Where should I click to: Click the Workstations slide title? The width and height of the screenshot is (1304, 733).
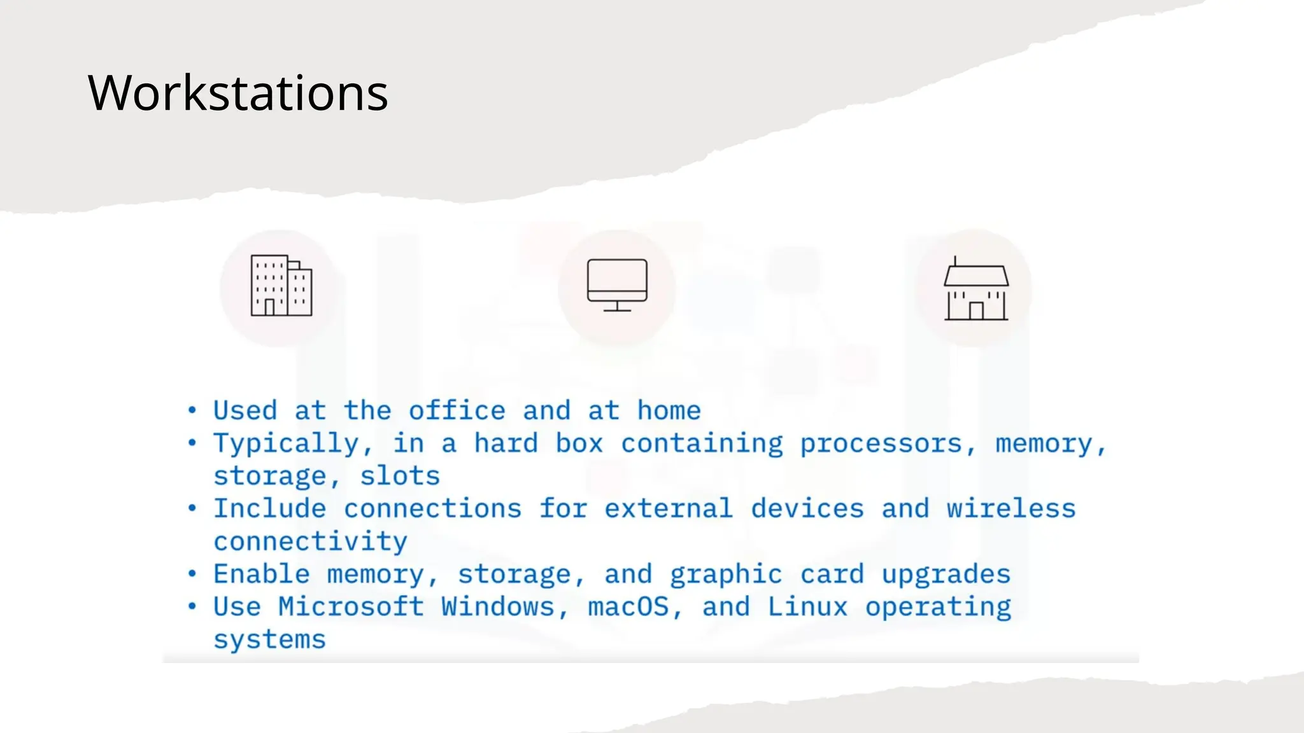(x=237, y=93)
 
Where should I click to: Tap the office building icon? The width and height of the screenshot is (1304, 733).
(x=281, y=286)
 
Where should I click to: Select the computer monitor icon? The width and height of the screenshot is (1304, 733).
(x=617, y=285)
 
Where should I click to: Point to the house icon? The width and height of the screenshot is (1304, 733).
(x=975, y=290)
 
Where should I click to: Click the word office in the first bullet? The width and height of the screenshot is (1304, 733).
(x=457, y=410)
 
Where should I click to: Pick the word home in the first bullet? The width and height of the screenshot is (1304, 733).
(x=669, y=410)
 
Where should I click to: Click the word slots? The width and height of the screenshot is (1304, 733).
(x=400, y=476)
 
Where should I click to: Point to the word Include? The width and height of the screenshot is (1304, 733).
(x=269, y=508)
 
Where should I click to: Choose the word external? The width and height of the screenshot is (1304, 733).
(x=669, y=508)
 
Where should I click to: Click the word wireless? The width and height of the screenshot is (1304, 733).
(x=1010, y=508)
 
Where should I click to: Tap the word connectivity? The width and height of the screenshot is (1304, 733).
(x=310, y=541)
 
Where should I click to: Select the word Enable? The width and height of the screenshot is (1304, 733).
(x=261, y=574)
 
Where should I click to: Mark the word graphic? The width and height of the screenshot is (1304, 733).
(x=725, y=575)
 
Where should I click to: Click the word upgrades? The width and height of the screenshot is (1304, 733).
(x=946, y=575)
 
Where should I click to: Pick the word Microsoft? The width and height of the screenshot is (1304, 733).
(x=351, y=606)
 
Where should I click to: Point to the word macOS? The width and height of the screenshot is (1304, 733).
(x=628, y=606)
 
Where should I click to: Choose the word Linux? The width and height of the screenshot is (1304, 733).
(x=807, y=606)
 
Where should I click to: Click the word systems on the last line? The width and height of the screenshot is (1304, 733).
(x=269, y=639)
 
